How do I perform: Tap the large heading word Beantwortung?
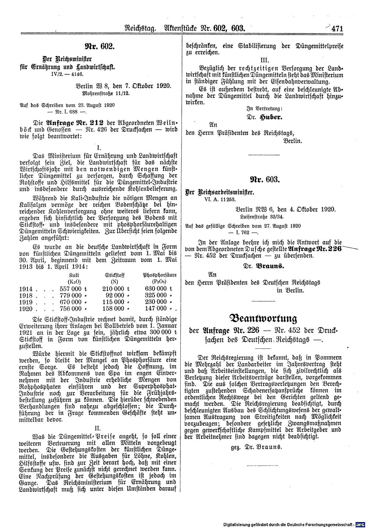coord(263,318)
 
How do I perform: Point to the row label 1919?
coord(25,302)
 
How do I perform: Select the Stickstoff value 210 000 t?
coord(116,289)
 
